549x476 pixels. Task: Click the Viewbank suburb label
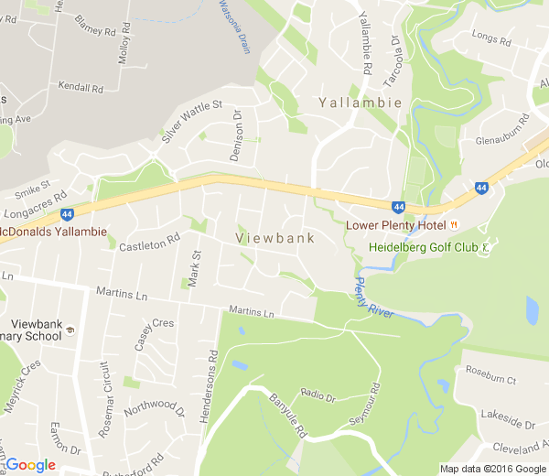click(x=275, y=238)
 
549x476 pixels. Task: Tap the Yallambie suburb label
click(x=361, y=103)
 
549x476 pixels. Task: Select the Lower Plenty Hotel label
click(x=394, y=225)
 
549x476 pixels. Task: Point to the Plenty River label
click(x=372, y=297)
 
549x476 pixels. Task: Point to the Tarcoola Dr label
click(x=391, y=62)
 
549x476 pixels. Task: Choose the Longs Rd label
click(x=489, y=37)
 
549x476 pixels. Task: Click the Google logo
click(x=29, y=465)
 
